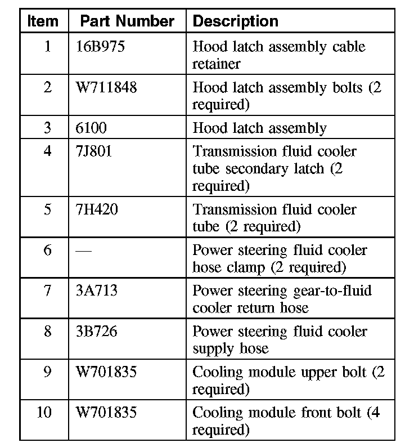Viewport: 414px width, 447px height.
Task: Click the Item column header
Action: [43, 21]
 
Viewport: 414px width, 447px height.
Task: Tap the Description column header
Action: [235, 21]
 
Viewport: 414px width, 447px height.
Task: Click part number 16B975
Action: [100, 47]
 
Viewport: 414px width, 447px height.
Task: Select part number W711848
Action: [106, 88]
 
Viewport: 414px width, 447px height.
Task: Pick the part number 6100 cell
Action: [91, 128]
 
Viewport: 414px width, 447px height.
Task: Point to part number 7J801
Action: [94, 152]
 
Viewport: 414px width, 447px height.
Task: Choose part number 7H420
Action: [97, 210]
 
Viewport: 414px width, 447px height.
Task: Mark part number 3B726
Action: [96, 331]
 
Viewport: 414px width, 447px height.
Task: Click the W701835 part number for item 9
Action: [106, 372]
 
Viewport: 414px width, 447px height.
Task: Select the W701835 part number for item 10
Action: [106, 413]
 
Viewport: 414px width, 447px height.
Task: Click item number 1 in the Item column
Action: [48, 47]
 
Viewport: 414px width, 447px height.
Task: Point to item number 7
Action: [48, 290]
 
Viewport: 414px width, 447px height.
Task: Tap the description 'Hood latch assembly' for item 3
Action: [259, 128]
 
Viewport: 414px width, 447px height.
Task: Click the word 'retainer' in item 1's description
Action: [216, 64]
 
